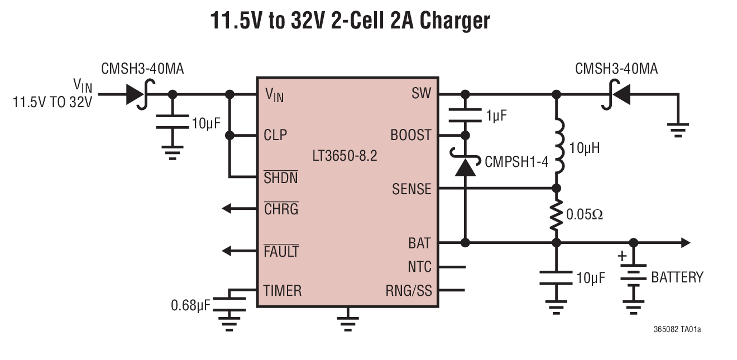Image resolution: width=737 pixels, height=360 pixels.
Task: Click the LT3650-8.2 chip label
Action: [344, 156]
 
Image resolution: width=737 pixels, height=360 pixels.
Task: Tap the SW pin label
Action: [421, 94]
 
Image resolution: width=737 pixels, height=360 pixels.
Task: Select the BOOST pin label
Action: [410, 135]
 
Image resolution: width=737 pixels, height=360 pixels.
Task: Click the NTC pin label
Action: [419, 267]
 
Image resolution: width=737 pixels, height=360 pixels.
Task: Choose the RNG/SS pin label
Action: [408, 291]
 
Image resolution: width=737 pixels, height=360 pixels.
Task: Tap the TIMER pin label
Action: [282, 290]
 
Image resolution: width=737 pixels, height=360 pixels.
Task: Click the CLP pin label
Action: [275, 135]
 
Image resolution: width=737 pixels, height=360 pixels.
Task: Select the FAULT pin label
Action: [281, 252]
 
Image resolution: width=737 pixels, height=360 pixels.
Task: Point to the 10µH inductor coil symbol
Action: [558, 148]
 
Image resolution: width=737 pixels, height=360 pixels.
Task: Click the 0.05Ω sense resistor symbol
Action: [556, 215]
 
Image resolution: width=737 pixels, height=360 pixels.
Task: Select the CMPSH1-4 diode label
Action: [516, 162]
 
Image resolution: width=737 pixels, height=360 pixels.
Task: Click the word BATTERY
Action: [677, 277]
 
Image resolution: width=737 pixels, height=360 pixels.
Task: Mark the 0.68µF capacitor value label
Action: [190, 305]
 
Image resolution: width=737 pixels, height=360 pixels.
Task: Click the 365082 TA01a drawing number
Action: [677, 329]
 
